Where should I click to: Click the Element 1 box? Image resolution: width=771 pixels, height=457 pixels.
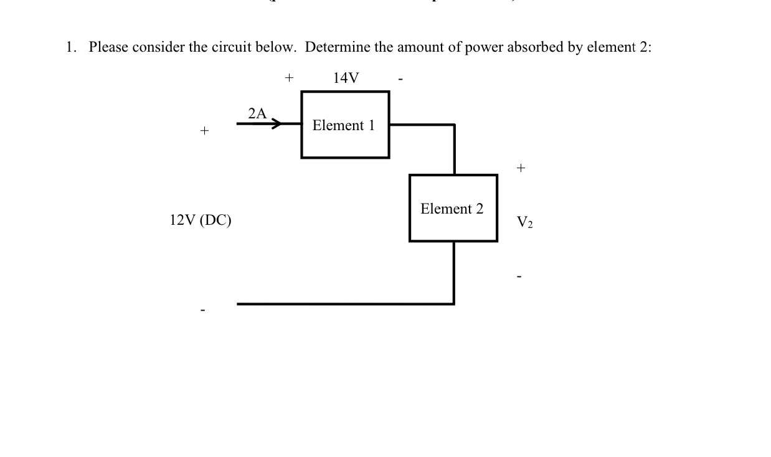pos(345,125)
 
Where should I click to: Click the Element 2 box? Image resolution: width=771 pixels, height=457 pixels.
pos(453,208)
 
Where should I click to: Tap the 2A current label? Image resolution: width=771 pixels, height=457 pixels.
pos(257,113)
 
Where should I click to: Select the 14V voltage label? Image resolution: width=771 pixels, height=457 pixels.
pos(346,78)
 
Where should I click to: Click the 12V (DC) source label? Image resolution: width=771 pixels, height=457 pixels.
pos(200,220)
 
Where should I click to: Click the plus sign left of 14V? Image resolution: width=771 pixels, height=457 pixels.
pos(288,78)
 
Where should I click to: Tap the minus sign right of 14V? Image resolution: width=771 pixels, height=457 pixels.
pos(402,80)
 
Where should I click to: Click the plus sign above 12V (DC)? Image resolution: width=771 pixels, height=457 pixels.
pos(203,131)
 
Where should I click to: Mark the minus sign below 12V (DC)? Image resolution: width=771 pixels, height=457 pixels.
pos(202,309)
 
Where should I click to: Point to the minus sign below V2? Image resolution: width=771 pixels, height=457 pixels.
pos(519,276)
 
